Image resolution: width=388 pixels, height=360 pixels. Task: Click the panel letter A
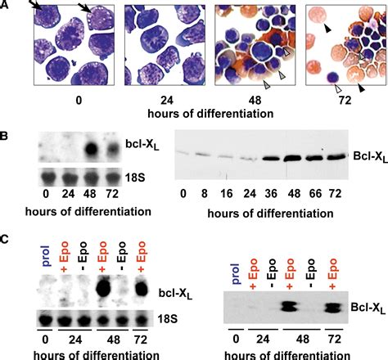point(7,7)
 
